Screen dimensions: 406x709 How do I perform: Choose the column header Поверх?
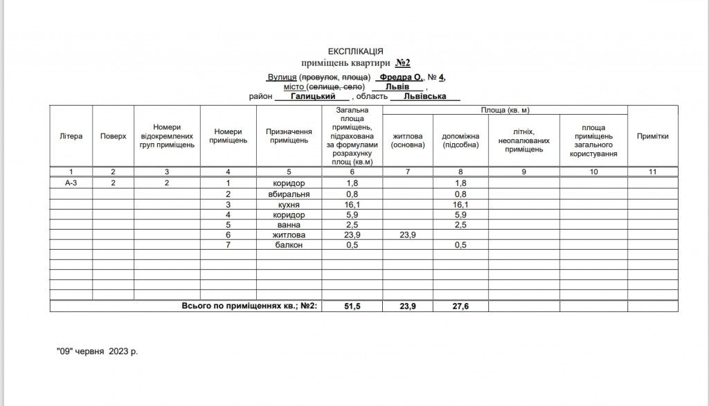click(x=113, y=136)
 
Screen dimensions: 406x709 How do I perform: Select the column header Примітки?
click(x=652, y=136)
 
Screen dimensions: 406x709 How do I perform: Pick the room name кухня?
click(x=289, y=205)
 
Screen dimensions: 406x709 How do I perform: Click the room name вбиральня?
click(x=289, y=194)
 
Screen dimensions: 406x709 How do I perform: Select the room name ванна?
click(x=289, y=225)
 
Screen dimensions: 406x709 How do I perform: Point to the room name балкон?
click(x=289, y=246)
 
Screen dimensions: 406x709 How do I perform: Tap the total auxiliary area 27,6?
click(x=460, y=306)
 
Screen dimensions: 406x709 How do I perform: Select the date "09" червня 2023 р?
click(x=97, y=351)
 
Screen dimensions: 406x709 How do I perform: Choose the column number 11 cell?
click(x=652, y=171)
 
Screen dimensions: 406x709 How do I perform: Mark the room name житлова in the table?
click(x=289, y=236)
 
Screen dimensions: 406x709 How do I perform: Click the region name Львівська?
click(x=423, y=98)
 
